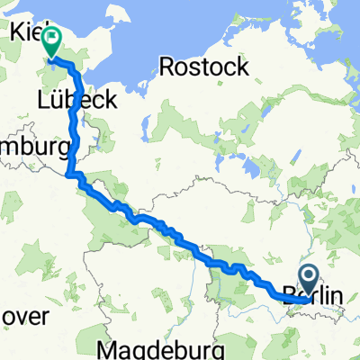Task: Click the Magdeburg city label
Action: (x=162, y=348)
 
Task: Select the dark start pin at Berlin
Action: (x=307, y=276)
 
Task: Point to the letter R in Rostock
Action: (x=166, y=66)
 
